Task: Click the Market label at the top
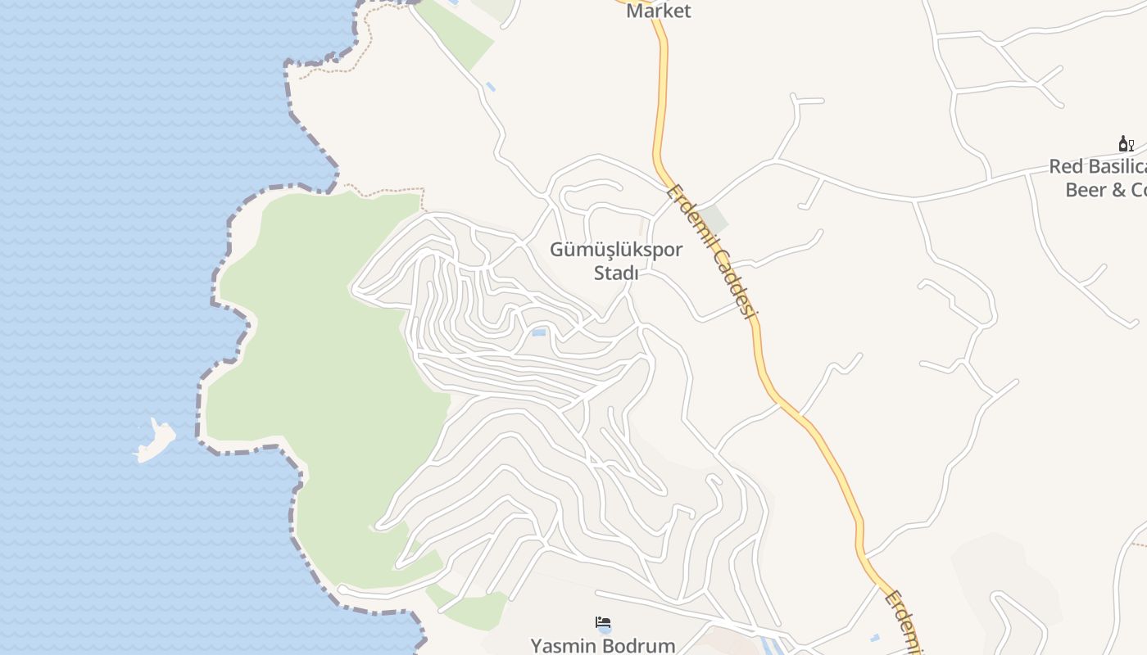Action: pos(658,11)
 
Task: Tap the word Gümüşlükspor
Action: pos(615,250)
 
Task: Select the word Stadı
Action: pos(615,273)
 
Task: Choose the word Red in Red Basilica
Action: pos(1066,167)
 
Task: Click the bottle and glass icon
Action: pos(1126,144)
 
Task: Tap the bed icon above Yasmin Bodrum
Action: pos(604,623)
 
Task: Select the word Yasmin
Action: pos(560,645)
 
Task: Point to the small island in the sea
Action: pos(156,440)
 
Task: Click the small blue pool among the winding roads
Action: pos(539,332)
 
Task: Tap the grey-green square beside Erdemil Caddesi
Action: pos(714,219)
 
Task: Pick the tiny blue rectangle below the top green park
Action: pos(490,86)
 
